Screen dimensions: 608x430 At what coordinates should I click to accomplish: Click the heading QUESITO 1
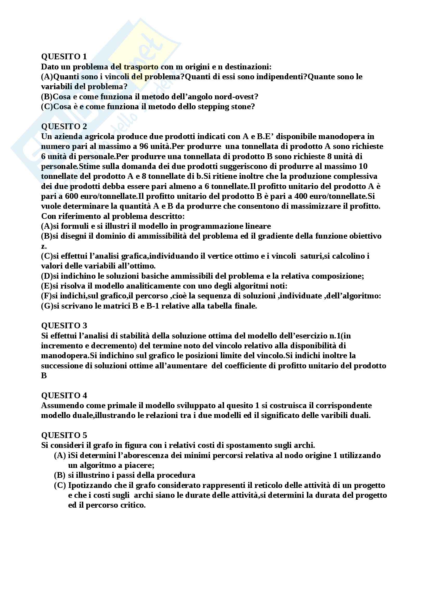(x=64, y=56)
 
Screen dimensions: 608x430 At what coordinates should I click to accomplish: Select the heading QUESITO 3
(x=64, y=325)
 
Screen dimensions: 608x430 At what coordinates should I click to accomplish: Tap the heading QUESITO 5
(x=64, y=435)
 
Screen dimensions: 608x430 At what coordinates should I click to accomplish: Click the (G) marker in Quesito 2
(x=47, y=306)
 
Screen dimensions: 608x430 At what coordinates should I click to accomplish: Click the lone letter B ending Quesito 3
(x=44, y=376)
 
